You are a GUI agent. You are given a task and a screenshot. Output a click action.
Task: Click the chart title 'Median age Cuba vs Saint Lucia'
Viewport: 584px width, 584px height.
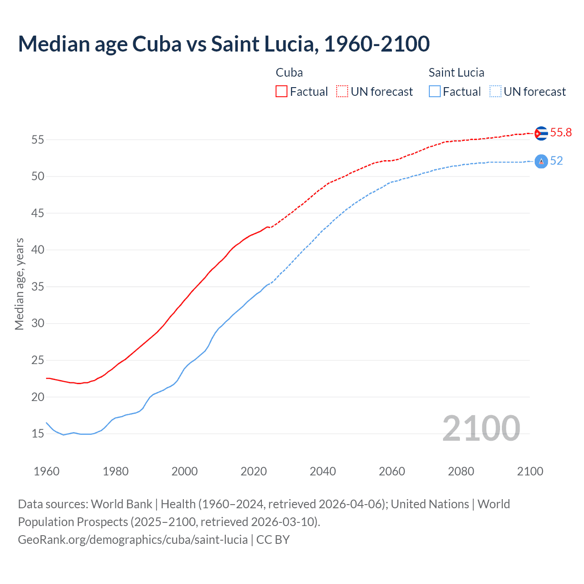[x=224, y=44]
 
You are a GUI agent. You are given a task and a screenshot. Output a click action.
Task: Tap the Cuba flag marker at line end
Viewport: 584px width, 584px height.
[x=541, y=133]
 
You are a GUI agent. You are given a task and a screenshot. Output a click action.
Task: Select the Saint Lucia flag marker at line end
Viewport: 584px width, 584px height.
[x=541, y=161]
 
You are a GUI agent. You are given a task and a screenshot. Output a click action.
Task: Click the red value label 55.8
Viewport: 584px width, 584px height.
[x=561, y=133]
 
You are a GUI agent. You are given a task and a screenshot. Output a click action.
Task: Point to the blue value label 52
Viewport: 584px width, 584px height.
[x=556, y=161]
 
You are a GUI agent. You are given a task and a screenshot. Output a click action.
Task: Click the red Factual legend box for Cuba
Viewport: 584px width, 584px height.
[x=282, y=92]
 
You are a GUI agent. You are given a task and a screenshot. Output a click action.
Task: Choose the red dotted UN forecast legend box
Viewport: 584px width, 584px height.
[x=342, y=92]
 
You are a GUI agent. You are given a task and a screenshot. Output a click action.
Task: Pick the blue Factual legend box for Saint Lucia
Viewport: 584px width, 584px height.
[x=435, y=92]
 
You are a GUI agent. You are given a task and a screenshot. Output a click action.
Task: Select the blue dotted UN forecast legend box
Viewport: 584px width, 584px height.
[x=495, y=92]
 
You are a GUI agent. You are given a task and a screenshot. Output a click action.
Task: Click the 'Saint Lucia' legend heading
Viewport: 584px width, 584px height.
[x=456, y=73]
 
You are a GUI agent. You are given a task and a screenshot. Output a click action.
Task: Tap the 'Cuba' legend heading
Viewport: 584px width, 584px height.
[x=289, y=73]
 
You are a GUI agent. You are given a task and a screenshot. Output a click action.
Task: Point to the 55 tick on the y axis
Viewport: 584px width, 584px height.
[x=37, y=140]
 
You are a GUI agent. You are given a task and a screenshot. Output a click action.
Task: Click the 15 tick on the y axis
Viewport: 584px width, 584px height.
[x=37, y=434]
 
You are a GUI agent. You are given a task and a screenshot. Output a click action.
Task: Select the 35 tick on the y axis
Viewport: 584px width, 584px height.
[x=37, y=287]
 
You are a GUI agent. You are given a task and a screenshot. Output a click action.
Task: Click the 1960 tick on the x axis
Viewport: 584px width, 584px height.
[x=47, y=471]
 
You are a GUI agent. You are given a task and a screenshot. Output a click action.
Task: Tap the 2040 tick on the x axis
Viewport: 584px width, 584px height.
[x=323, y=471]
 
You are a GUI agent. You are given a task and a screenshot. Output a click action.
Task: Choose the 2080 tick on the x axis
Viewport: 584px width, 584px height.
[x=461, y=471]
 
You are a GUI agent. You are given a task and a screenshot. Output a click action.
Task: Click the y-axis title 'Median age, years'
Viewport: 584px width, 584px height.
[x=19, y=284]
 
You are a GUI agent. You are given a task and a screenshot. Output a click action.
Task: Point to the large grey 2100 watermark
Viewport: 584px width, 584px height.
[x=481, y=428]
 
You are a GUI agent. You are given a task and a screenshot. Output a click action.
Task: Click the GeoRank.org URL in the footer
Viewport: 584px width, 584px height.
[x=133, y=540]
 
